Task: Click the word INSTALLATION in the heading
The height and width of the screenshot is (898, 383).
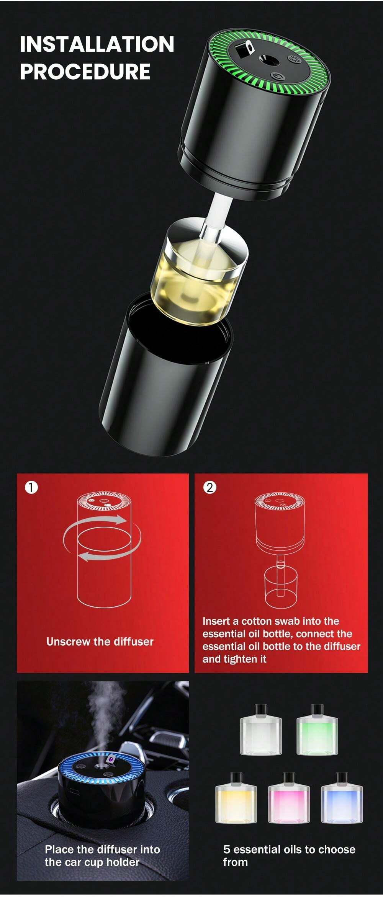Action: click(x=97, y=44)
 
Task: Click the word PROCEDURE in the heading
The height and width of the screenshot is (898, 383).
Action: click(x=85, y=72)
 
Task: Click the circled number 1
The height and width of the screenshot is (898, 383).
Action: click(x=31, y=487)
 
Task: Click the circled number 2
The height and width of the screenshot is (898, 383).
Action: click(x=210, y=487)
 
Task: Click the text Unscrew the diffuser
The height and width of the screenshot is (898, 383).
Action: click(x=100, y=642)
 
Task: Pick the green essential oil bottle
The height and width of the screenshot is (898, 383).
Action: click(x=317, y=731)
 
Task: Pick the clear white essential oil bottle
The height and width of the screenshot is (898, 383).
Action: click(x=261, y=731)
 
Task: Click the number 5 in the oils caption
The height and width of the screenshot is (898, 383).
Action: click(x=227, y=849)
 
